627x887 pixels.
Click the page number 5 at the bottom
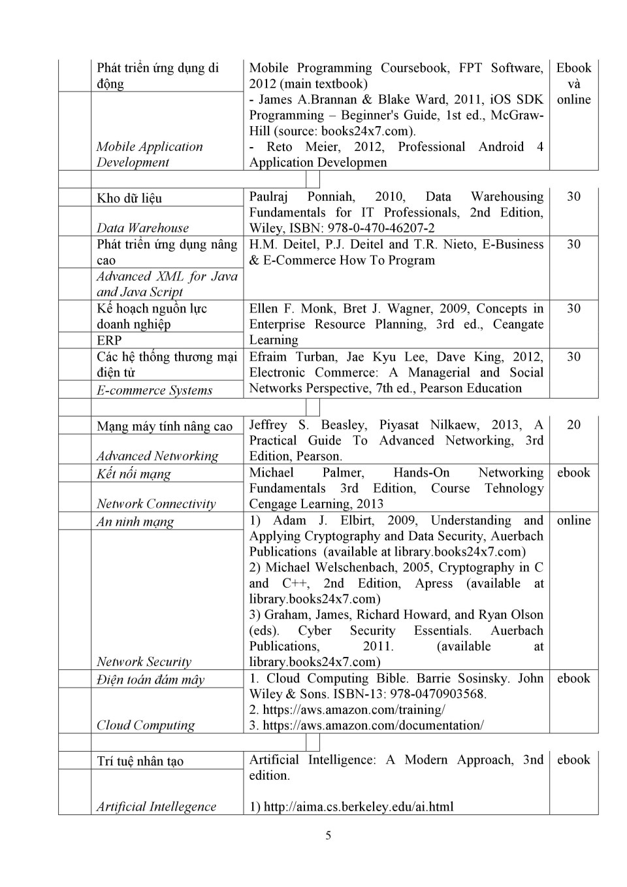click(x=328, y=835)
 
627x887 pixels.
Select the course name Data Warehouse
click(x=142, y=228)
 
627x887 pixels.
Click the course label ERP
click(x=109, y=341)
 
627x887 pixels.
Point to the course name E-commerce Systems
click(x=154, y=390)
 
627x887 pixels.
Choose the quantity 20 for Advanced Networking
click(x=573, y=425)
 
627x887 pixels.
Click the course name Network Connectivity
click(x=156, y=504)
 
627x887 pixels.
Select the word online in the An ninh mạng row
click(x=573, y=520)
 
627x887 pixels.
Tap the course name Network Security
click(x=144, y=662)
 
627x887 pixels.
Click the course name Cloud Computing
click(x=146, y=726)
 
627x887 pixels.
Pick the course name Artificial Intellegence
click(x=156, y=807)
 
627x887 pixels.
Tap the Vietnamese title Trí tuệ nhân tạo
click(x=140, y=761)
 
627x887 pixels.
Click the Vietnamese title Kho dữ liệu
click(x=129, y=198)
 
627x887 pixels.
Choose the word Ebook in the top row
click(x=573, y=68)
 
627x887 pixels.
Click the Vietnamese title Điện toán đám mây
click(x=150, y=680)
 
